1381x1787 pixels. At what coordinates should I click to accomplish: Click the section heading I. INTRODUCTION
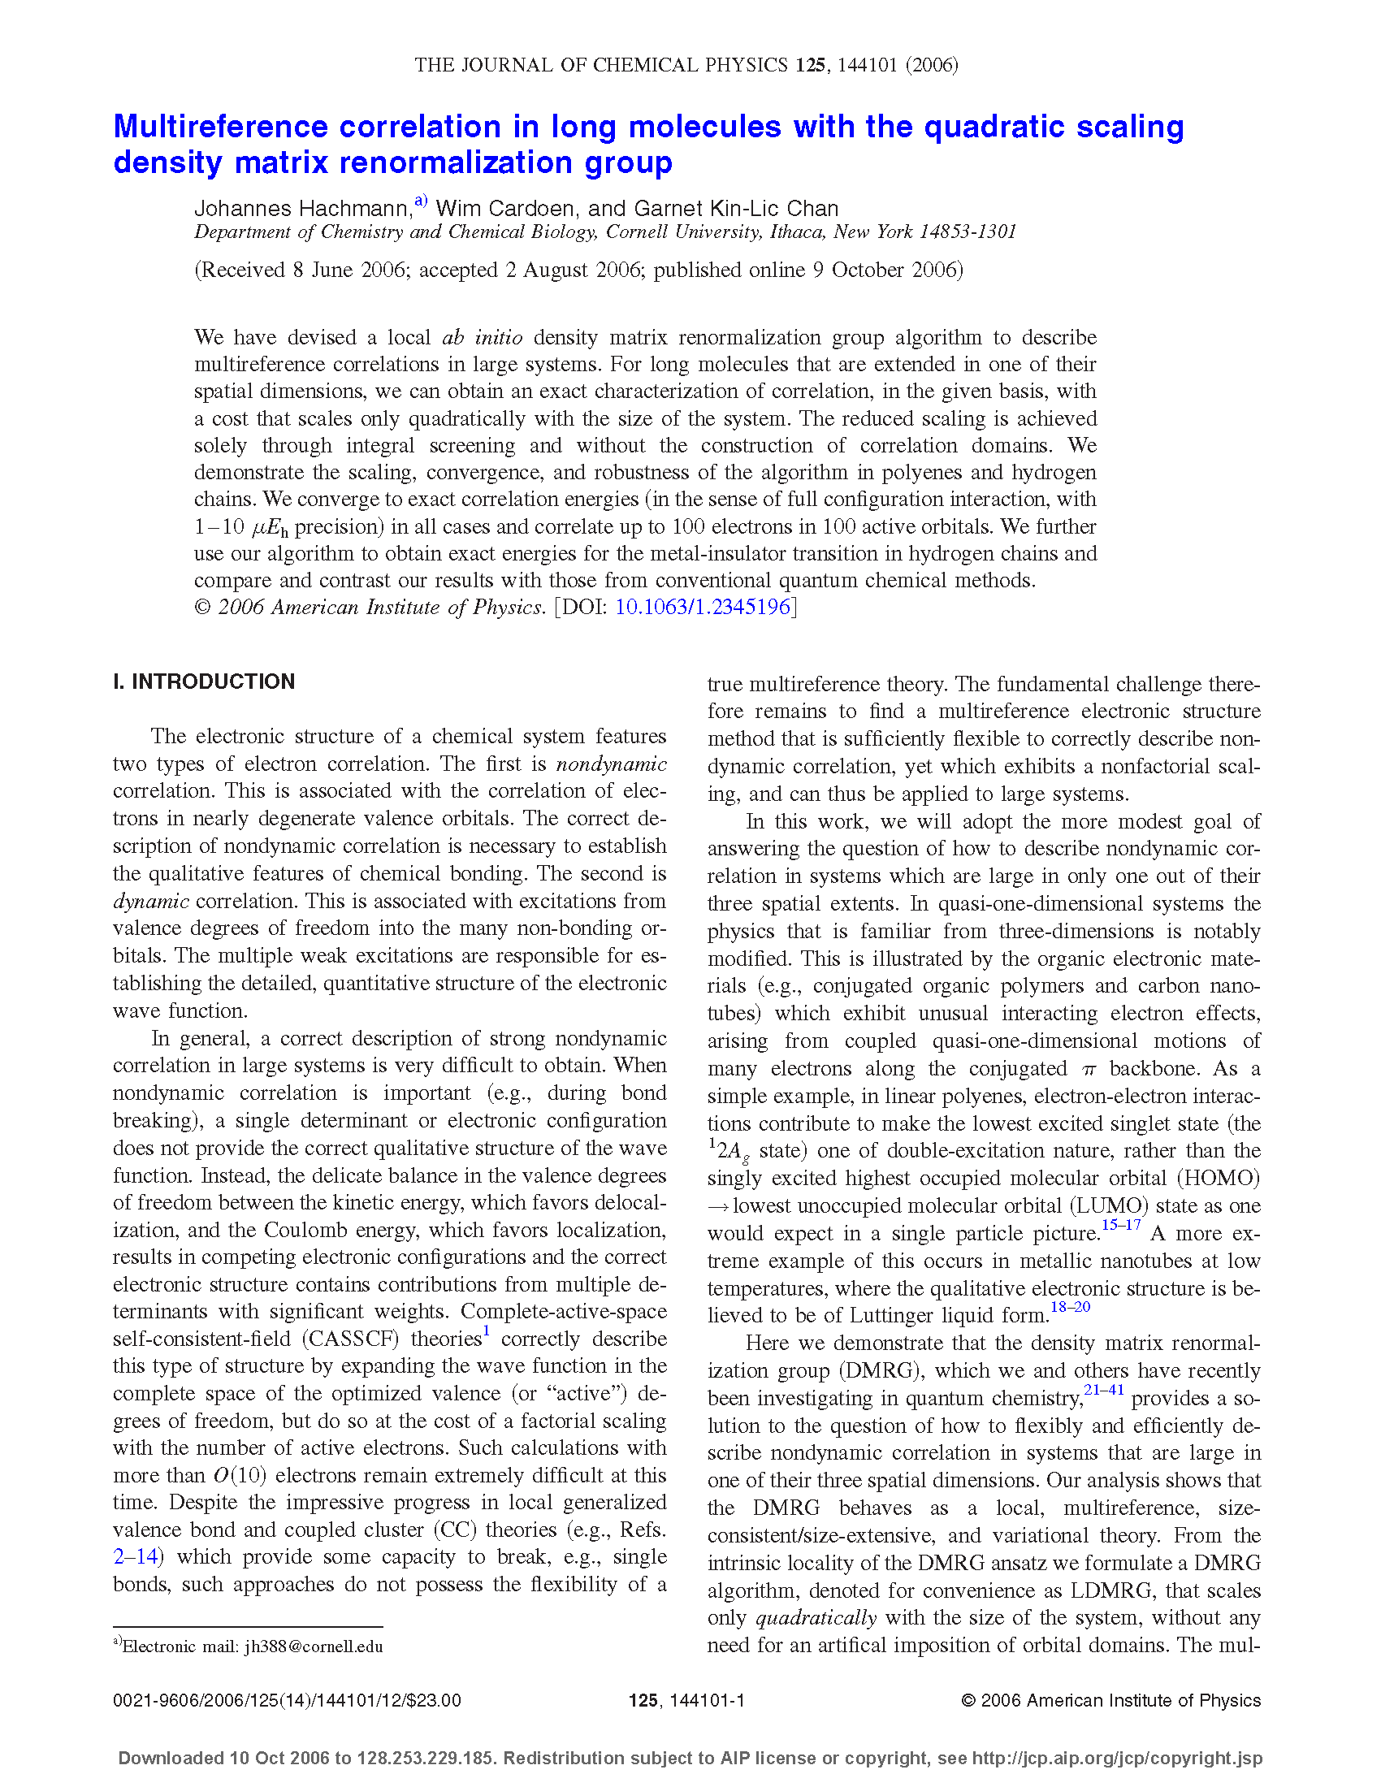[204, 681]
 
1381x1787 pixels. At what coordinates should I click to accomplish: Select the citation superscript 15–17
[1121, 1225]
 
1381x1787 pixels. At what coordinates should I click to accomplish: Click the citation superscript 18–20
[1070, 1307]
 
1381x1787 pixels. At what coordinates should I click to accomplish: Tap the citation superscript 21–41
[1104, 1389]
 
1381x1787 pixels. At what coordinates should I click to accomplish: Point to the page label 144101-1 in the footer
[706, 1701]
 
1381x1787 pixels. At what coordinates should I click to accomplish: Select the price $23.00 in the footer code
[435, 1701]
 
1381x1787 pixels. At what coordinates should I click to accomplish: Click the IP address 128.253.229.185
[425, 1759]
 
